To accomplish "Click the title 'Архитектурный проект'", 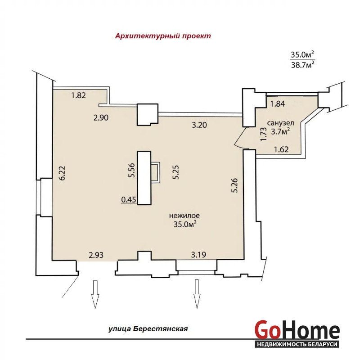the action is coord(163,36).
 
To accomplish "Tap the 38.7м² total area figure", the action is coord(302,64).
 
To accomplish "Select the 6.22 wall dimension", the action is coord(62,173).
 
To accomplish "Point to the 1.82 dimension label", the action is coord(78,95).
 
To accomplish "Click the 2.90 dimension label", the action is coord(101,117).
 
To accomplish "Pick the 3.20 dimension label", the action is coord(199,125).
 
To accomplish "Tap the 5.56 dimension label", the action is coord(132,170).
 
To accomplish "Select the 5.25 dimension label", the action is coord(176,172).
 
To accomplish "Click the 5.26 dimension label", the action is coord(234,185).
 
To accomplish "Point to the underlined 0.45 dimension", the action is coord(129,200).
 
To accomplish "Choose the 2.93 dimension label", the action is coord(96,255).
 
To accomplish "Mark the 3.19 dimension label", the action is coord(198,255).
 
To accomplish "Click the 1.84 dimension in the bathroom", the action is coord(277,104).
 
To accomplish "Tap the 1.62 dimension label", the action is coord(281,149).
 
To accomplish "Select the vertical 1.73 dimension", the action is coord(264,134).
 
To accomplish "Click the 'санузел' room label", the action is coord(280,123).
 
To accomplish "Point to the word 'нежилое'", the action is coord(184,216).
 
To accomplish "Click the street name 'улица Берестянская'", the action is coord(148,329).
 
